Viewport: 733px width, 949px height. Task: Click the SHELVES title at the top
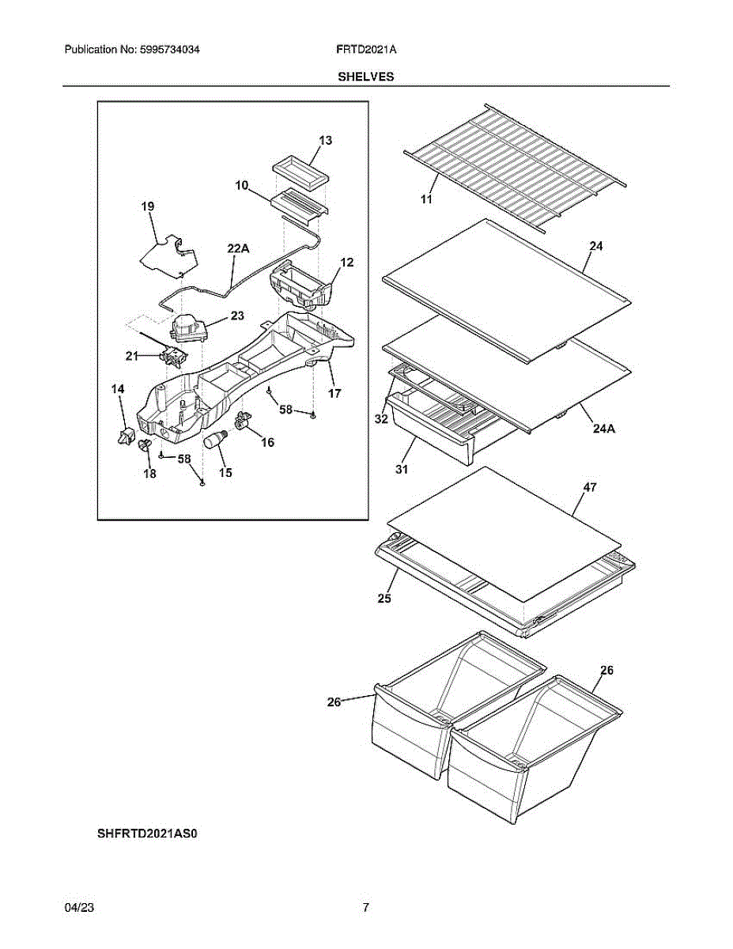point(366,77)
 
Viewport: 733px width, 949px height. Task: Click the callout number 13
point(325,141)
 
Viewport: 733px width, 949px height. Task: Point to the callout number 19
point(148,207)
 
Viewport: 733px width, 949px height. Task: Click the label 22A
point(238,248)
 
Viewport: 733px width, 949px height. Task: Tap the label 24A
point(603,429)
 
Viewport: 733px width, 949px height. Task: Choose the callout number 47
point(590,488)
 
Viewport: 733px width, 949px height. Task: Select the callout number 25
point(384,598)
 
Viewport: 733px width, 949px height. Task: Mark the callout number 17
point(334,392)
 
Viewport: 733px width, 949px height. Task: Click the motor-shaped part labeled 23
point(187,327)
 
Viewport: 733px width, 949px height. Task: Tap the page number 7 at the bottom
point(365,909)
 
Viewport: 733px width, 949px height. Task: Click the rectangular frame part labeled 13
point(299,171)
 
